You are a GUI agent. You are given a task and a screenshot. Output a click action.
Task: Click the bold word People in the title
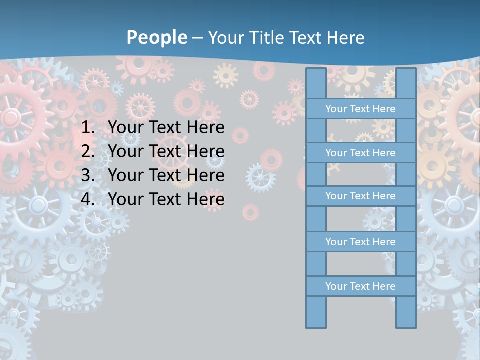point(157,37)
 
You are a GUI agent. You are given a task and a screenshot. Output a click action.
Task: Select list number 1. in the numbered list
point(88,127)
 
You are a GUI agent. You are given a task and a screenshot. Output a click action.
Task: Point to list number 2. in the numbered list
point(88,151)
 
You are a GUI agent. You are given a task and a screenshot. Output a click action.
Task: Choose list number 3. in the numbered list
point(88,175)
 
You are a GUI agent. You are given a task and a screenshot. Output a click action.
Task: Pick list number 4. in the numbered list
point(88,199)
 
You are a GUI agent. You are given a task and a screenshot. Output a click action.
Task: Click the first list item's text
point(166,127)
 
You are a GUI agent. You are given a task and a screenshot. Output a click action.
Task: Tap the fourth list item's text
point(166,199)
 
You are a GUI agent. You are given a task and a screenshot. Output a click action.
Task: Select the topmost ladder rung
point(360,108)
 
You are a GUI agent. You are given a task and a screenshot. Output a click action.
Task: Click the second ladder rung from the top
point(360,152)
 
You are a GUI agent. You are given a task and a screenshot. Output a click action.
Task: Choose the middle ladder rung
point(360,196)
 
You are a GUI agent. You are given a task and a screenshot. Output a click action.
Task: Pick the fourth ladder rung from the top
point(360,241)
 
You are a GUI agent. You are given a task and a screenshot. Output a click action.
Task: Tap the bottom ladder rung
point(360,286)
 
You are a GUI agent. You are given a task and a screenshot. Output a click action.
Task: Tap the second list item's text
point(166,151)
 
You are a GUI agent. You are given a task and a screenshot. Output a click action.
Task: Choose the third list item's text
point(166,175)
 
